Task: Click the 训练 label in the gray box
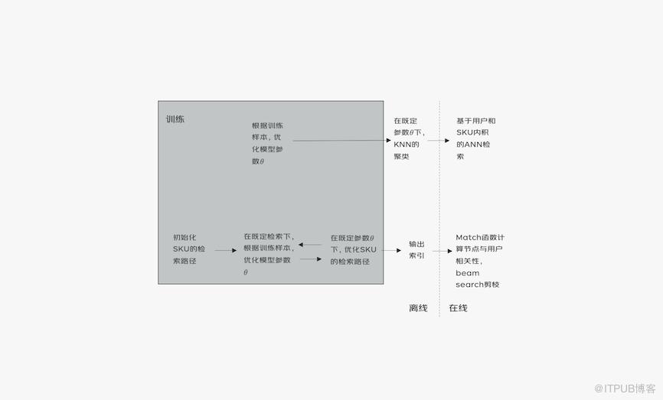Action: tap(175, 119)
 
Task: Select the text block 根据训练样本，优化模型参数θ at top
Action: tap(268, 143)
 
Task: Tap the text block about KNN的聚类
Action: tap(410, 138)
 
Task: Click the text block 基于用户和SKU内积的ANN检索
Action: tap(475, 138)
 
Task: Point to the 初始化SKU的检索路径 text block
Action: tap(188, 249)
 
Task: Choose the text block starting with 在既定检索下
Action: tap(269, 254)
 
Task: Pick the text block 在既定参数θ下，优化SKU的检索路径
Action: tap(353, 249)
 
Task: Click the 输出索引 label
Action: tap(416, 249)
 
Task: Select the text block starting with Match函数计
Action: tap(480, 261)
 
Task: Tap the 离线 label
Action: tap(418, 308)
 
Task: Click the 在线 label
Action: tap(458, 308)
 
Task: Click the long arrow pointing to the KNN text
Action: tap(341, 140)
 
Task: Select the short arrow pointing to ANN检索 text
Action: tap(439, 140)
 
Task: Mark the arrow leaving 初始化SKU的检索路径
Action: tap(226, 250)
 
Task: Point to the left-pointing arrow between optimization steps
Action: tap(310, 245)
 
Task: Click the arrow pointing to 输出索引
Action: tap(391, 250)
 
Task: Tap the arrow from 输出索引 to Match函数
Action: tap(443, 251)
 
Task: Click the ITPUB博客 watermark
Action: tap(625, 389)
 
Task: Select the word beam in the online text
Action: tap(467, 273)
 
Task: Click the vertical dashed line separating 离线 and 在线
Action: tap(439, 209)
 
